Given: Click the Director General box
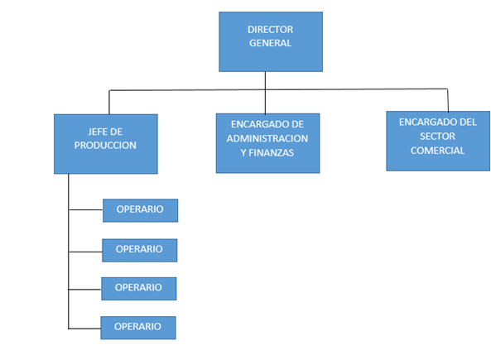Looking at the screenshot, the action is point(271,41).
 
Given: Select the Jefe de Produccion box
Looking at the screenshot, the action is point(106,144).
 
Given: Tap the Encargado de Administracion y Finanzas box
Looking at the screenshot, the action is point(267,143).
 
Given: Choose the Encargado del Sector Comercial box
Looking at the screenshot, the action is point(438,141).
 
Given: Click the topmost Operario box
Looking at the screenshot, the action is point(140,210).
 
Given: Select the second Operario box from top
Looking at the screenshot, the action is point(140,251).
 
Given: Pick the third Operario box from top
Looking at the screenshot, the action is point(139,289).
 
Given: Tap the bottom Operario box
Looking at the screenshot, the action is point(138,328).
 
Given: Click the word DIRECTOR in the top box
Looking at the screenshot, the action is point(270,30).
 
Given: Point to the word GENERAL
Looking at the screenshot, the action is point(270,43).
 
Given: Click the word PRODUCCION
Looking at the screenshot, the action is point(105,146).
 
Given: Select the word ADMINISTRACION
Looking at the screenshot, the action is point(267,138).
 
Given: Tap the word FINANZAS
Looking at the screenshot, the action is point(272,153).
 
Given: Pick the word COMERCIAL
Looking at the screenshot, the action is point(437,151).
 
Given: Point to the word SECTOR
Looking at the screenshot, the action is point(437,137).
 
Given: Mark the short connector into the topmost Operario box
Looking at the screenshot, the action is point(85,209).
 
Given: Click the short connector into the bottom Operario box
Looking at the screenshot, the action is point(84,329).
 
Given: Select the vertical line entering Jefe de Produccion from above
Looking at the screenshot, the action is point(109,103).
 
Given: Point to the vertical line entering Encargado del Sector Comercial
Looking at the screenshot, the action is point(448,100).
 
